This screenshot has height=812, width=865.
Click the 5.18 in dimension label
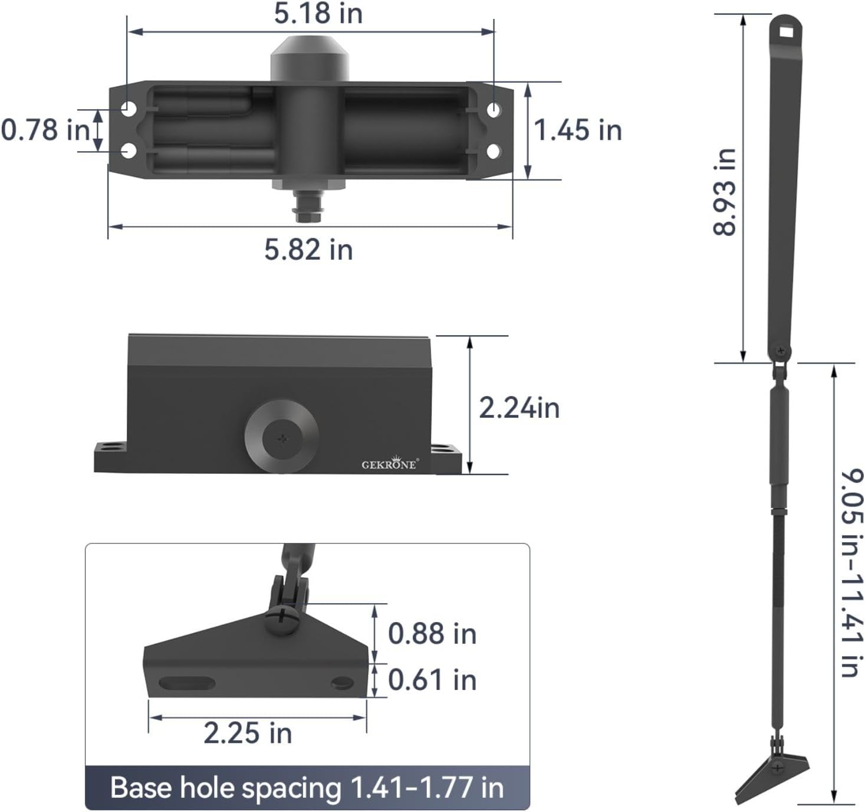tap(318, 14)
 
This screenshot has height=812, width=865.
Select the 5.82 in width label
tap(308, 249)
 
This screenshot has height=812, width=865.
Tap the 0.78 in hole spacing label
tap(45, 130)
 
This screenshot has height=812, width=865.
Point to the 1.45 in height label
tap(577, 130)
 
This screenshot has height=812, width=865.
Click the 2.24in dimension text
tap(519, 408)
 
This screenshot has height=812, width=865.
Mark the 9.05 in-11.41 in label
tap(851, 572)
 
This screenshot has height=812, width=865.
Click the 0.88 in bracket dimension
tap(432, 634)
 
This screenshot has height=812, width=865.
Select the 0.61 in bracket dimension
tap(432, 680)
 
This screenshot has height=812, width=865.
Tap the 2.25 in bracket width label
tap(248, 734)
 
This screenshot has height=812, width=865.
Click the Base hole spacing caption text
tap(307, 788)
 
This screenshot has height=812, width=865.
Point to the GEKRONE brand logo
tap(389, 464)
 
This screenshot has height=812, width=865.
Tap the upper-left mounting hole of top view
tap(129, 109)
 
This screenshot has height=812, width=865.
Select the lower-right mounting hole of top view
tap(494, 151)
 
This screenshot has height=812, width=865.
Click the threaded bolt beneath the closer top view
tap(307, 207)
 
